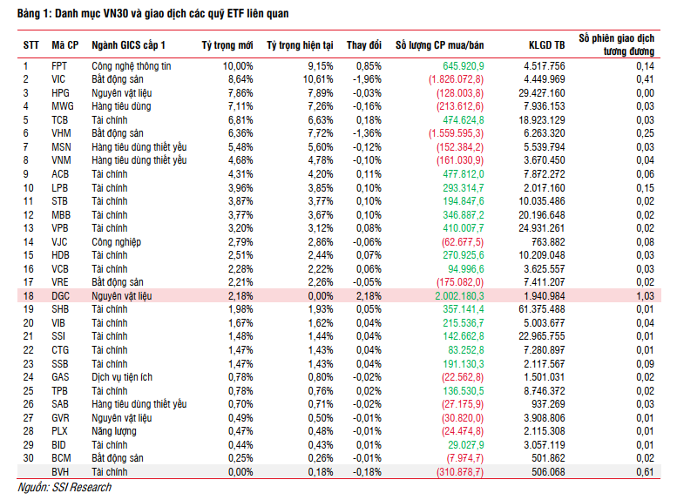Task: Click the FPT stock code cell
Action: coord(58,66)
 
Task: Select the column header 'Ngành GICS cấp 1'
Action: coord(128,44)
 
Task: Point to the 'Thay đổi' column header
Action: coord(363,44)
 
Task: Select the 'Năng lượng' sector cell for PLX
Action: coord(118,431)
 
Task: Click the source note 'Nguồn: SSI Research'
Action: coord(64,487)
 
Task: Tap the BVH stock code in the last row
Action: coord(60,471)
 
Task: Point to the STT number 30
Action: coord(27,458)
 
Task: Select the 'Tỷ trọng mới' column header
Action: coord(227,44)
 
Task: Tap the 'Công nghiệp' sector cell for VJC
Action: coord(117,242)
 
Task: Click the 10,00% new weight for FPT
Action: coord(238,66)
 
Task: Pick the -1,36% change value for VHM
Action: coord(366,133)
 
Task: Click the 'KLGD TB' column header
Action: coord(546,44)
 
